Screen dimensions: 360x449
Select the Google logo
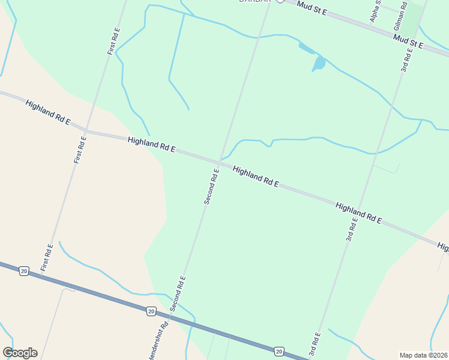tap(20, 353)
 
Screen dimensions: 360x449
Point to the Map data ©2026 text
tap(423, 355)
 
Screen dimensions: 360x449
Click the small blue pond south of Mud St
tap(319, 62)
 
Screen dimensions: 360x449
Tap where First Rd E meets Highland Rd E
tap(86, 130)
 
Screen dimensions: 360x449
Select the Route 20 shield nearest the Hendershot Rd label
tap(150, 311)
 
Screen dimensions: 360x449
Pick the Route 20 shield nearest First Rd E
tap(23, 271)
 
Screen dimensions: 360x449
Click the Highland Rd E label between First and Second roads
tap(151, 144)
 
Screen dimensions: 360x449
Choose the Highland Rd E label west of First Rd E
tap(48, 113)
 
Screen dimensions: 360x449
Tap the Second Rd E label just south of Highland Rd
tap(211, 187)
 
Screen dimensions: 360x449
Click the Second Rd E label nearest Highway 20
tap(178, 293)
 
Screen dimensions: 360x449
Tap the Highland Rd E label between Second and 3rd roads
tap(256, 176)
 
